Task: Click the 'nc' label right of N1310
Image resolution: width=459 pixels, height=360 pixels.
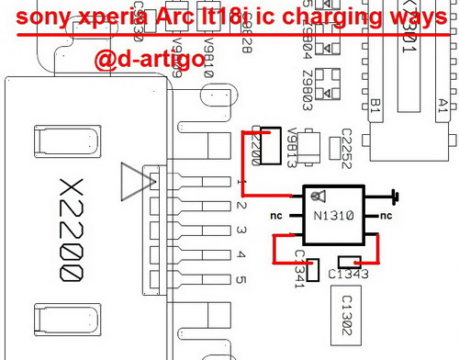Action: (x=386, y=216)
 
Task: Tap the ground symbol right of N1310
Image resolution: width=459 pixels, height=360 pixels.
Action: (x=395, y=195)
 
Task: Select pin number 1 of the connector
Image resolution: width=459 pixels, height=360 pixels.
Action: (x=240, y=185)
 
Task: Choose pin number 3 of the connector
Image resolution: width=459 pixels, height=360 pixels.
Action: (x=240, y=231)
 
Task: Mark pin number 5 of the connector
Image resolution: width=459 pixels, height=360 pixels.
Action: (x=240, y=278)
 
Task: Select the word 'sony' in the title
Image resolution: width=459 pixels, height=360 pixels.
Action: (x=44, y=18)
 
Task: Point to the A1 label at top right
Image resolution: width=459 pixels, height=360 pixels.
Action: (x=442, y=103)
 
